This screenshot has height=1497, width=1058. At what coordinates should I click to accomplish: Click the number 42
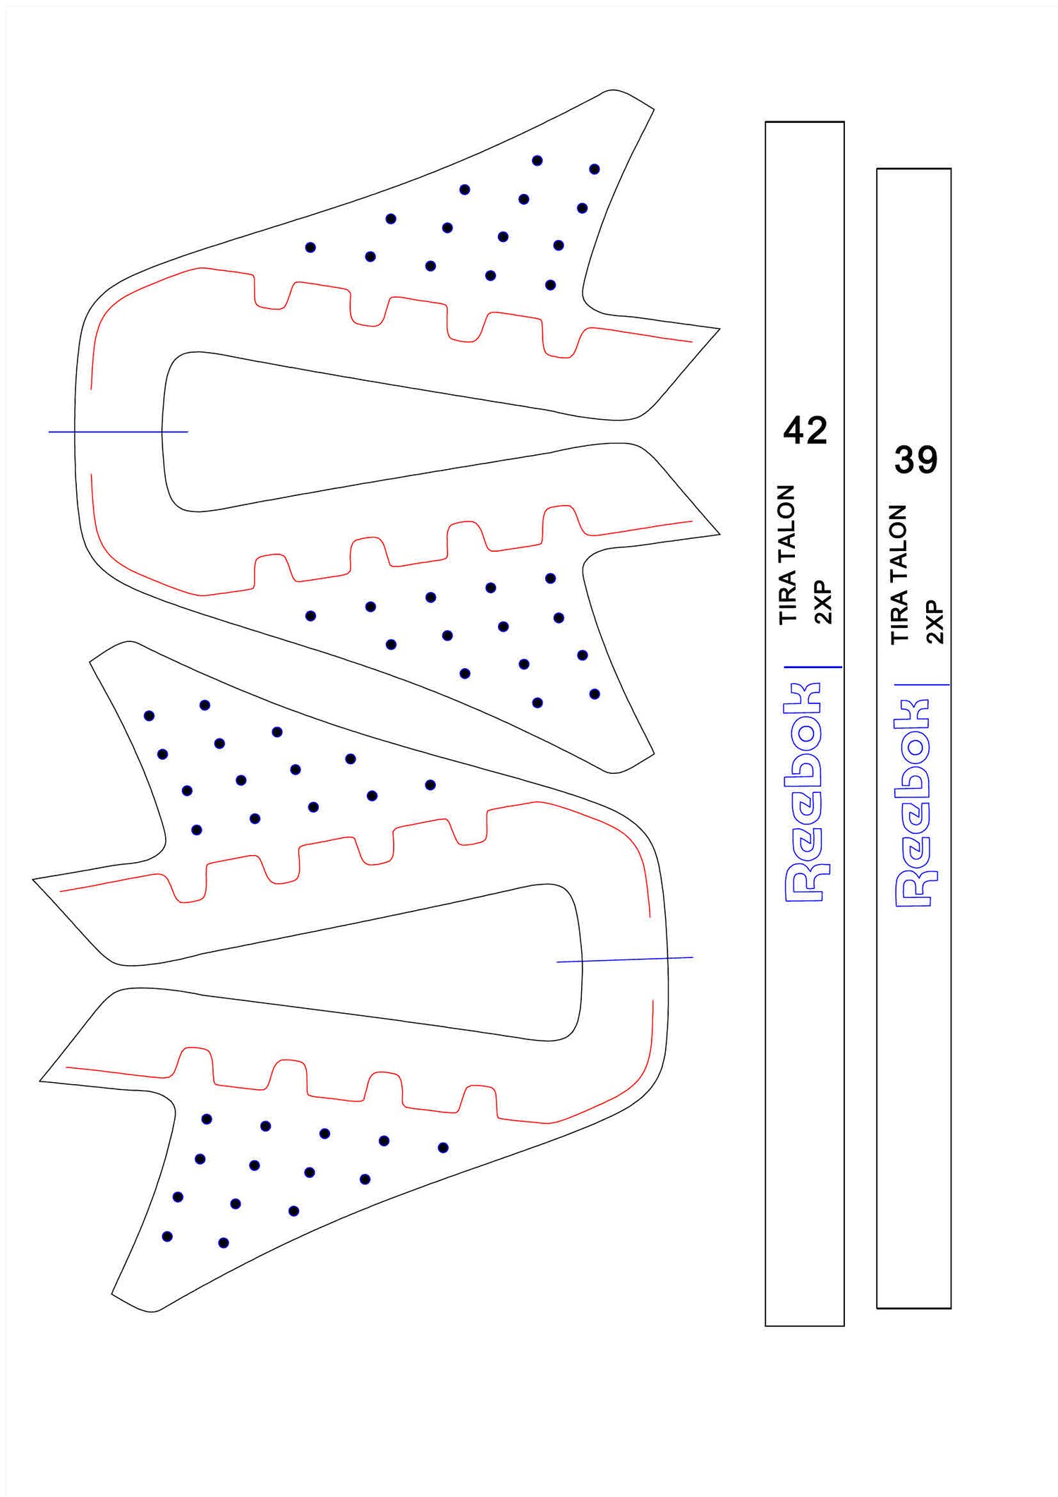point(805,430)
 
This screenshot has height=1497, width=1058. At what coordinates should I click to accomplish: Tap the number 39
point(916,460)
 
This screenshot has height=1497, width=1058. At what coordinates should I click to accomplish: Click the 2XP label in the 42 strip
point(823,603)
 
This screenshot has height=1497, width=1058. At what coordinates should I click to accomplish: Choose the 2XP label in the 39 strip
point(935,623)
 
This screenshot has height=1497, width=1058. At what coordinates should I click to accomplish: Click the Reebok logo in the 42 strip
point(804,792)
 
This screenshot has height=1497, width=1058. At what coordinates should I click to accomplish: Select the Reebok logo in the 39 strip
point(913,803)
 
